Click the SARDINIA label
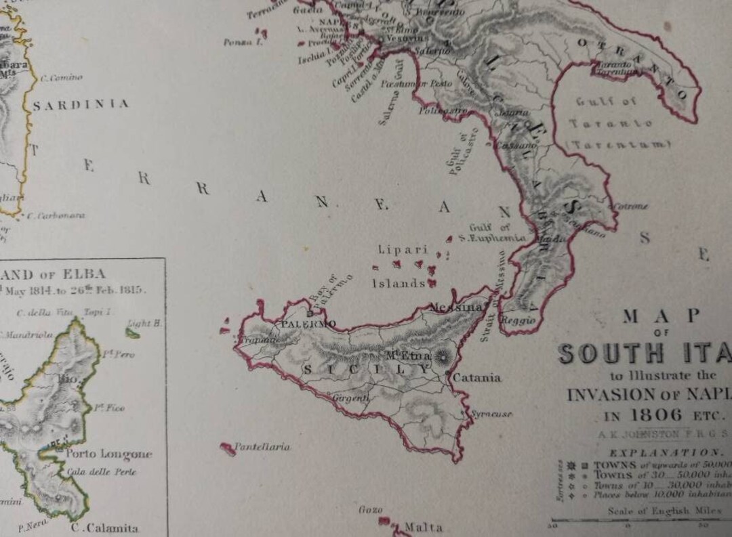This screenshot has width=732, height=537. tap(81, 104)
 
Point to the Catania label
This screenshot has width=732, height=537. tap(479, 377)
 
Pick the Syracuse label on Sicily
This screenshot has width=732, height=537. tap(491, 413)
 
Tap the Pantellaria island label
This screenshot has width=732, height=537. tap(262, 447)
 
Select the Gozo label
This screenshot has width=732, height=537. tap(371, 509)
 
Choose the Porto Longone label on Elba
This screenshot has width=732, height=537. tap(108, 454)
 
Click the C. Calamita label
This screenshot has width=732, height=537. tap(106, 528)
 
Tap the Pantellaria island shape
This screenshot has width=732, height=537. tap(228, 448)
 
